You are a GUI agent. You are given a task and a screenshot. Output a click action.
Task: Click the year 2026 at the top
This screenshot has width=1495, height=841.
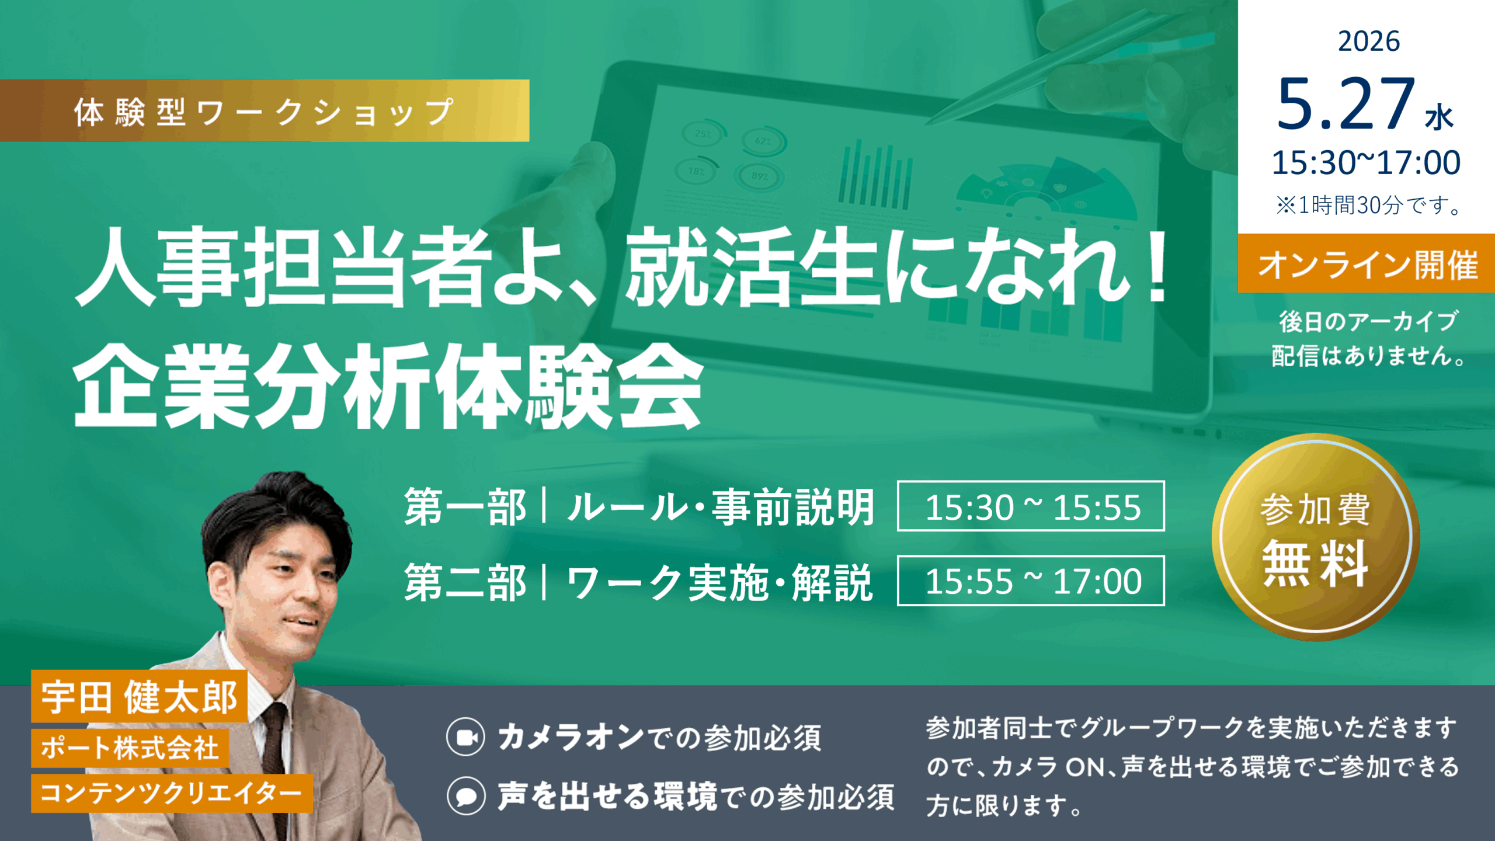[x=1368, y=41]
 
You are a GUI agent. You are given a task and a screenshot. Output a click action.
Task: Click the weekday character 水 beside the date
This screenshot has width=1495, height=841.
[x=1439, y=117]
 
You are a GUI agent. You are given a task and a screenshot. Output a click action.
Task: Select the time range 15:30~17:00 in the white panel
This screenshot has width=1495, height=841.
[x=1366, y=162]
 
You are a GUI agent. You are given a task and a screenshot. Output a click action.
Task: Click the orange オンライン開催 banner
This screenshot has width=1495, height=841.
[x=1367, y=263]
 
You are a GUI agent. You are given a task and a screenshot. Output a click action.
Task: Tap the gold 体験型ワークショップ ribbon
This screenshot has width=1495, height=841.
[x=265, y=110]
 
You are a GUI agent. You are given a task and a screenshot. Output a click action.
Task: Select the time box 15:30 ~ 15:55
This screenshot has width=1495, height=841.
[x=1031, y=506]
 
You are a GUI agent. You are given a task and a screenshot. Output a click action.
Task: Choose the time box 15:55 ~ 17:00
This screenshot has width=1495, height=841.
[x=1031, y=581]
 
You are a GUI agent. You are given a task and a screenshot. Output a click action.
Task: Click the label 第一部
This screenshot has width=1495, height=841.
[x=465, y=507]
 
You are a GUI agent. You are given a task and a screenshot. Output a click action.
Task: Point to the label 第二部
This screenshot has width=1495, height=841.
[x=465, y=582]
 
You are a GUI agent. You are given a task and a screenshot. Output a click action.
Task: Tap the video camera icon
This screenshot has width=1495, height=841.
[x=465, y=737]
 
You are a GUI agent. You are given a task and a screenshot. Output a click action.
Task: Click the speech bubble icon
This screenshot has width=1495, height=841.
[x=466, y=795]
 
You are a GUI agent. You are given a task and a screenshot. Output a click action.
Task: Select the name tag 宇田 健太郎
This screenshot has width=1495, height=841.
[x=139, y=696]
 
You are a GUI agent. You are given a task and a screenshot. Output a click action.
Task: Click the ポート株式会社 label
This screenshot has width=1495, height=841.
[x=130, y=748]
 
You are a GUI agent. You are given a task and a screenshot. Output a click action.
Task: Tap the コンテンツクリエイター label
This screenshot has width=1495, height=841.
[x=172, y=793]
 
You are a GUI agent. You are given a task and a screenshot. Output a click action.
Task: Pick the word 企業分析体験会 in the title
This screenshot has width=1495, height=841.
[x=388, y=386]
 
